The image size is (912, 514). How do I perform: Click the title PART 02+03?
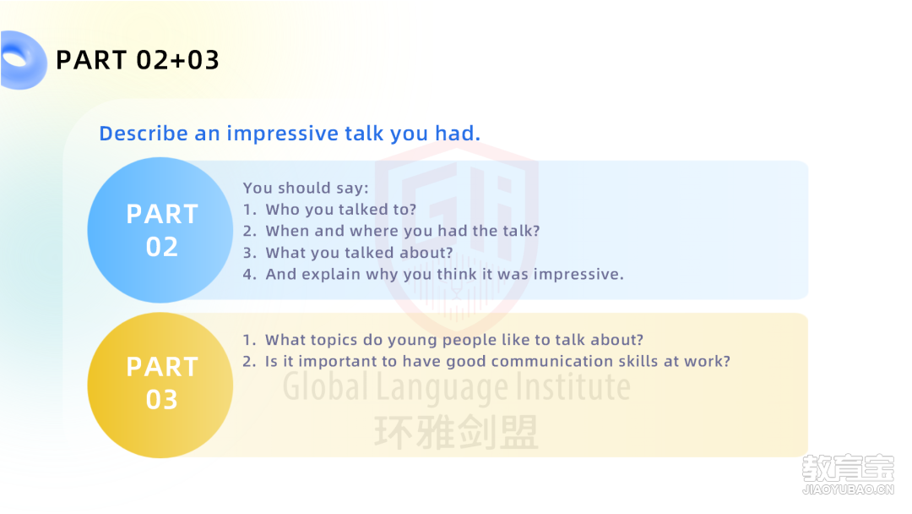[x=138, y=60]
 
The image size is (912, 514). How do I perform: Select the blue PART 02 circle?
[x=160, y=230]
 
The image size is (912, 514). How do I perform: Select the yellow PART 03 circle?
[x=160, y=385]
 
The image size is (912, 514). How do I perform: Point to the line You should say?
[x=306, y=188]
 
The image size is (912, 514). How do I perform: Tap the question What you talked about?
[x=359, y=253]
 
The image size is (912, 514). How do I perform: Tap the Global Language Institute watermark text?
[x=457, y=386]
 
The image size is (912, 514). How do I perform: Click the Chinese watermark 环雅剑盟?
[x=456, y=433]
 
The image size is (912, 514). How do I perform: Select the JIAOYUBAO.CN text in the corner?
[x=848, y=489]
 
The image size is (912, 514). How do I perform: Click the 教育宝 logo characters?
[x=848, y=468]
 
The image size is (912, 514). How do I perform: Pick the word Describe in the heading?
[x=144, y=134]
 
